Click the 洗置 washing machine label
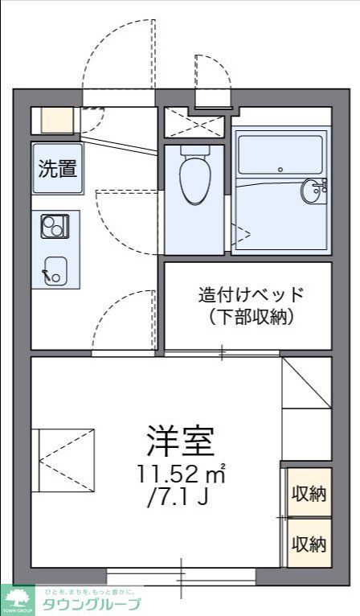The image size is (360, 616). click(x=58, y=169)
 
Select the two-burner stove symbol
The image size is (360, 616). click(x=55, y=227)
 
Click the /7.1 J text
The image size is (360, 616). click(x=178, y=497)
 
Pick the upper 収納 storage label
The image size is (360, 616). click(x=309, y=493)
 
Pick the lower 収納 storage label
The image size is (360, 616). click(x=309, y=544)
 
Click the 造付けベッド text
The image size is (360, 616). click(x=252, y=294)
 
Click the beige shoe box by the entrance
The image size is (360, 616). click(x=55, y=120)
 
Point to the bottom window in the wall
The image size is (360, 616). click(x=182, y=576)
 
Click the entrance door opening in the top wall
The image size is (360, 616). click(x=118, y=98)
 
